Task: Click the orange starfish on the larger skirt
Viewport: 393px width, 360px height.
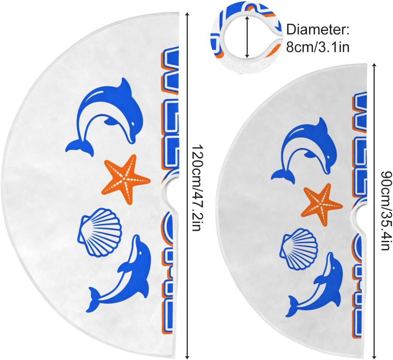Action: [x=126, y=179]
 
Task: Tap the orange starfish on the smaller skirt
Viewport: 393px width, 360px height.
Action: [x=322, y=205]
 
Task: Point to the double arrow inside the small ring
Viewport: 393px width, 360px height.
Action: [x=247, y=36]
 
